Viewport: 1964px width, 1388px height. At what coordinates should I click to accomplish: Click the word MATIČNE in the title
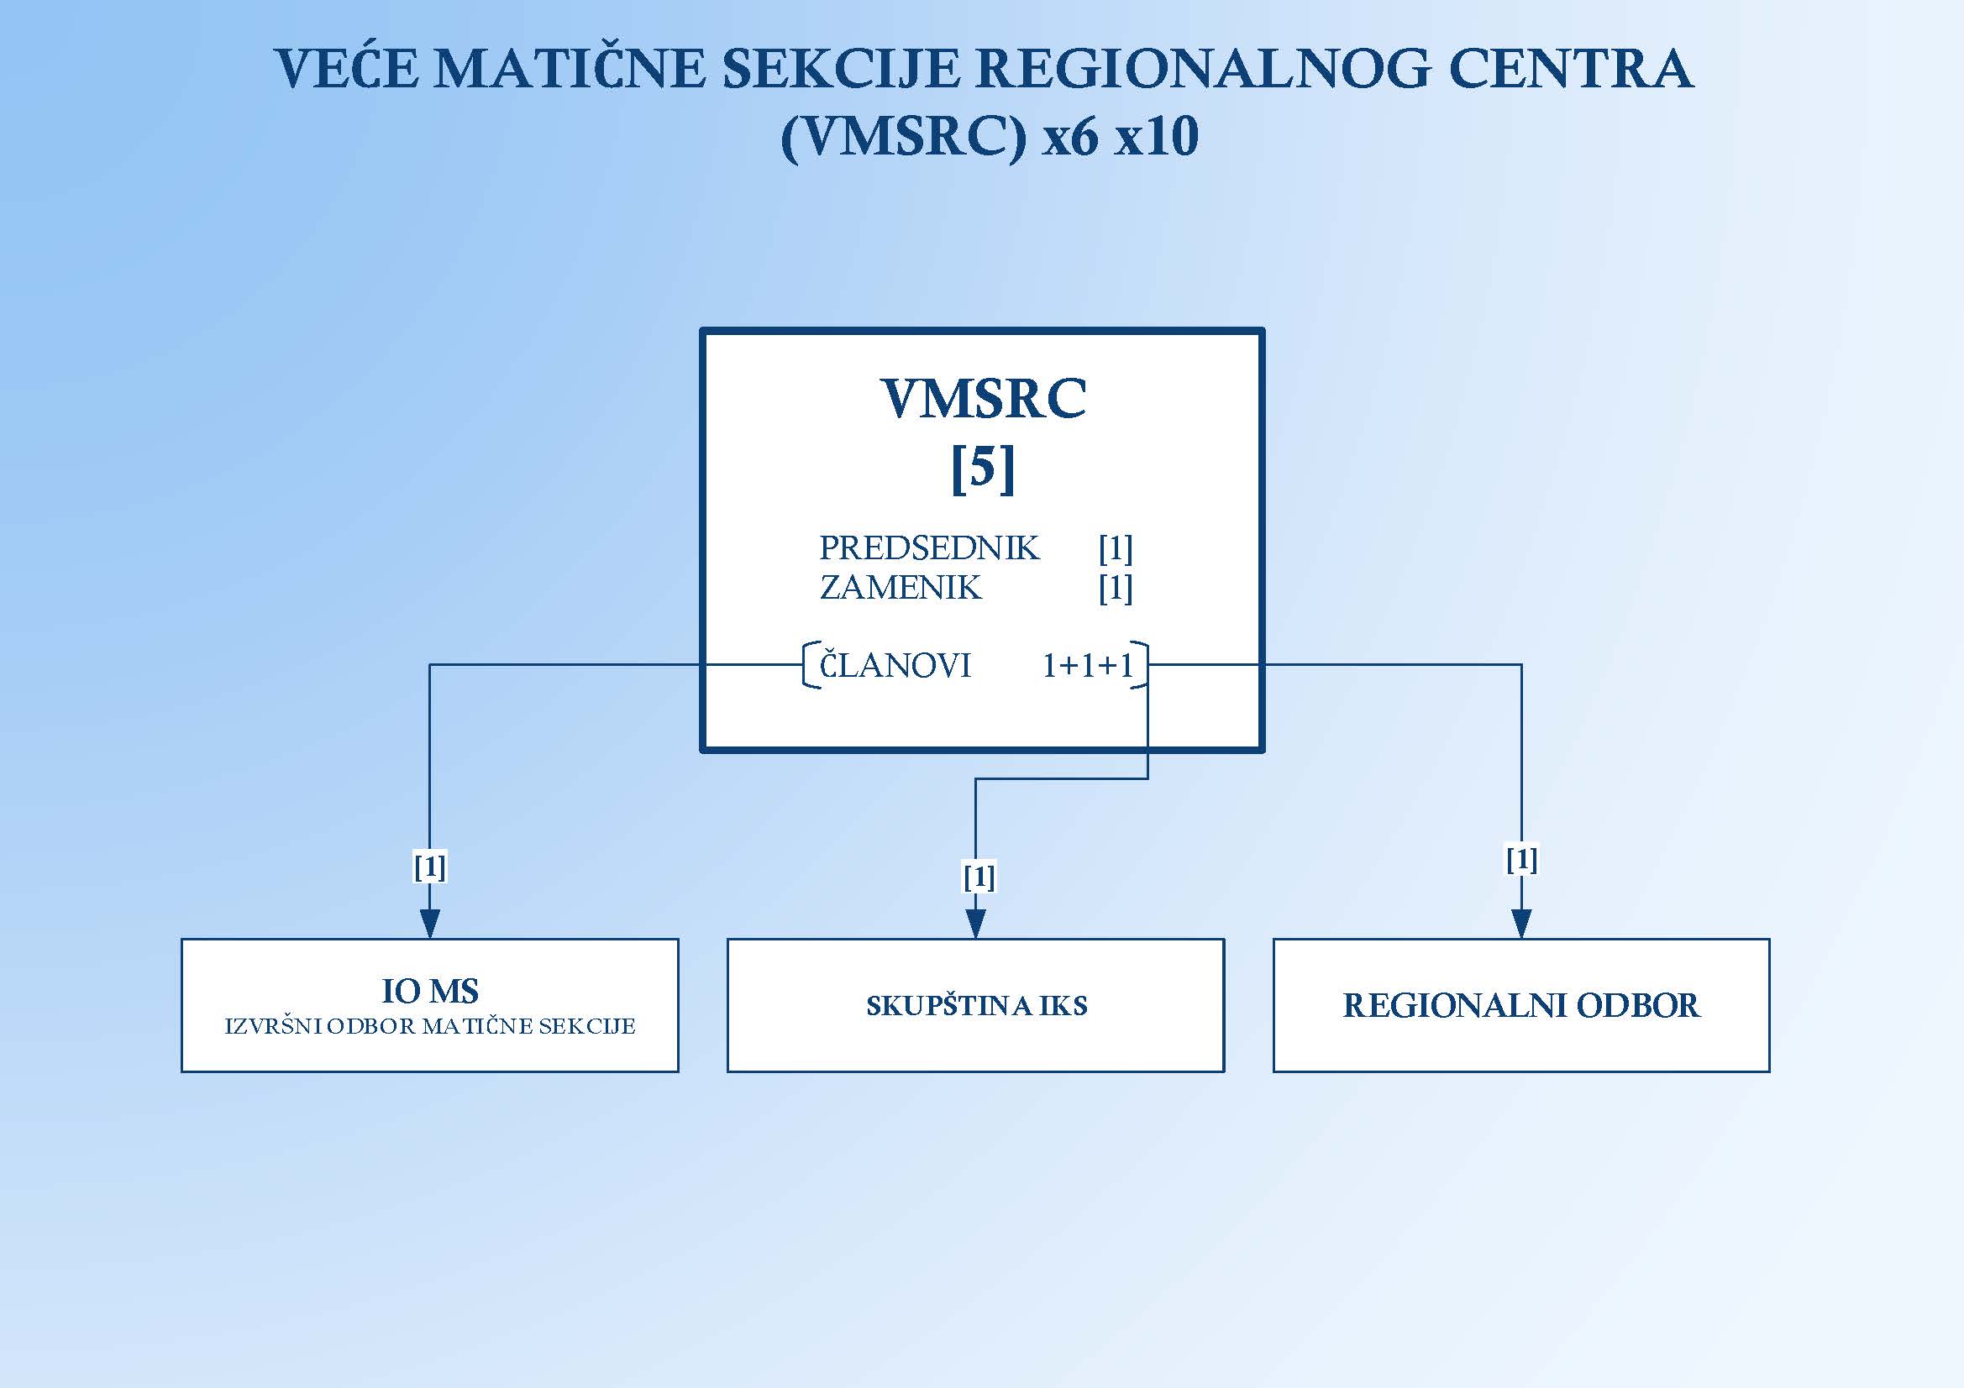570,68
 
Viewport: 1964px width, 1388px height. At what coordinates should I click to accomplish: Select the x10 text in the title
1156,137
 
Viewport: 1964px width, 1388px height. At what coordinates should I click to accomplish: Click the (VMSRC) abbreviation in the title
903,138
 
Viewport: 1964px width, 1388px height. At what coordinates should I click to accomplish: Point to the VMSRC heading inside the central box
983,399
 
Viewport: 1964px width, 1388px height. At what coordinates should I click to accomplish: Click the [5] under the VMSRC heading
983,469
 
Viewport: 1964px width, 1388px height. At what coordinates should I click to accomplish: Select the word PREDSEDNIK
929,548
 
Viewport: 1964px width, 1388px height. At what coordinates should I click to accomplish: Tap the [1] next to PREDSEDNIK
1116,549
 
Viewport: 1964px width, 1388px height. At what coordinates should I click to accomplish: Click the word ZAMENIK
901,588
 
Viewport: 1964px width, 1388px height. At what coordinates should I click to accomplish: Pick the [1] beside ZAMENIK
1116,589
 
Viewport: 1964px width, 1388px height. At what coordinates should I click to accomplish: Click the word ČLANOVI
895,663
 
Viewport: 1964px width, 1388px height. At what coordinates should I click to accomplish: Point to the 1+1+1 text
1087,665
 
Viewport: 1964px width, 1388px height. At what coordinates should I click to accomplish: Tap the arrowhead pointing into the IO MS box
429,924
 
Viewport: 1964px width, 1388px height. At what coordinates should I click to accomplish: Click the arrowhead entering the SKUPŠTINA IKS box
975,924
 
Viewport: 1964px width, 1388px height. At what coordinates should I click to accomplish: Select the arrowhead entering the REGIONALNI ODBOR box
1521,924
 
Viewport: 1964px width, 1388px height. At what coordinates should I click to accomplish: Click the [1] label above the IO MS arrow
429,867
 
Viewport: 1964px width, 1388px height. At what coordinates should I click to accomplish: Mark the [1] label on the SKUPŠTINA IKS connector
979,876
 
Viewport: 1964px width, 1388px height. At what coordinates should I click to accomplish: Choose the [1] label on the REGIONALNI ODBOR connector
1522,859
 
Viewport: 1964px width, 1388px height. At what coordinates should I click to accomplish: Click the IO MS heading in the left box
429,991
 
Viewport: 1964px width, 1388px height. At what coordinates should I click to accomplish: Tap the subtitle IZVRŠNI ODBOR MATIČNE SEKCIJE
429,1026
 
